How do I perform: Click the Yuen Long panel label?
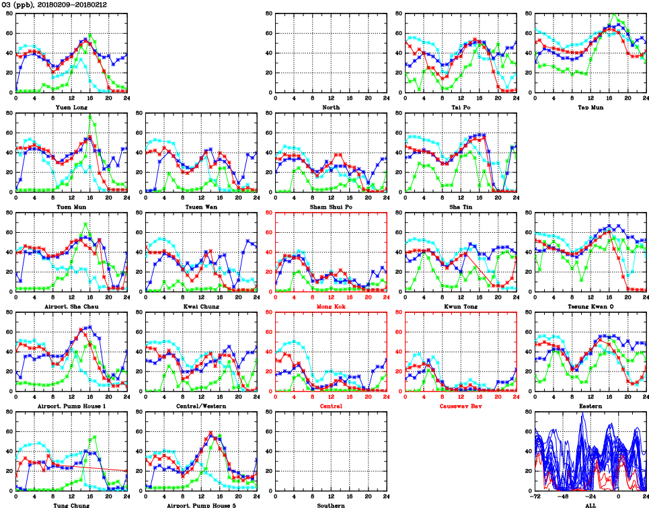[x=71, y=107]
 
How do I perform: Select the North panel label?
[x=331, y=107]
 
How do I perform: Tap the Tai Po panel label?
[x=461, y=107]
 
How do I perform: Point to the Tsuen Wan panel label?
[x=200, y=207]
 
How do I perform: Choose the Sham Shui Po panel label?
[x=330, y=207]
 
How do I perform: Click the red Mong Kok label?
[x=330, y=306]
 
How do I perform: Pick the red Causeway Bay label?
[x=461, y=406]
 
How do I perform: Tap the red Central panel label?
[x=330, y=406]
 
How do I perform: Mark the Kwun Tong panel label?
[x=461, y=306]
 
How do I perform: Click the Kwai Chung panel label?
[x=200, y=306]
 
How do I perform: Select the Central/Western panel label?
[x=200, y=406]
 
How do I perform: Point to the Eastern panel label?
[x=590, y=406]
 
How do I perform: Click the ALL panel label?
[x=590, y=505]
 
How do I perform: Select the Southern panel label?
[x=330, y=505]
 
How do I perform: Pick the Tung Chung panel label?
[x=71, y=505]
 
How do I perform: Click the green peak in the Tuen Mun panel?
[x=90, y=115]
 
